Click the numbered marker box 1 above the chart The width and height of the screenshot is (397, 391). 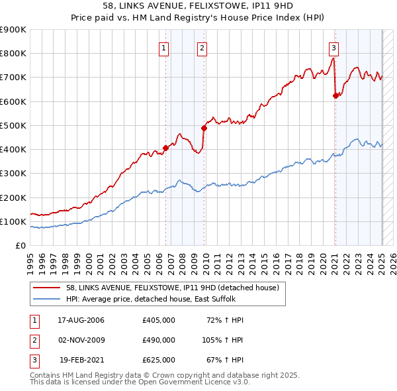pos(163,48)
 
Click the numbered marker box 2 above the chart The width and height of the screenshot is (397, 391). pos(201,48)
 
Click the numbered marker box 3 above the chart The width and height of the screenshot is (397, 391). pos(334,48)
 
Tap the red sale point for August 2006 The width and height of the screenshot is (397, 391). pos(166,148)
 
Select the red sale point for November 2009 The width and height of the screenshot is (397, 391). pos(204,129)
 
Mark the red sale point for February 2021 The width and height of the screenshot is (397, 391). pos(335,96)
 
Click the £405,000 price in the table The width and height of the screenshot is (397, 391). pos(158,320)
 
